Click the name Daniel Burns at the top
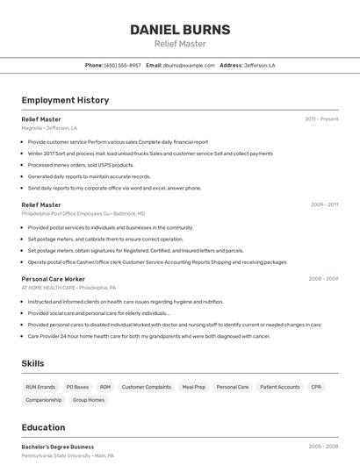180,30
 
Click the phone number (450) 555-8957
122,65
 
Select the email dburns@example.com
189,65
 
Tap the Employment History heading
65,100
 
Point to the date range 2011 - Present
321,118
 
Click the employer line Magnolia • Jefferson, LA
49,128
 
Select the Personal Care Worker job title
53,279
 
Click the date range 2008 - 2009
323,279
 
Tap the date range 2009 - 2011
324,204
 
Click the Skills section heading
33,362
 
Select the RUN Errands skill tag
40,387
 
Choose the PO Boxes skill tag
77,387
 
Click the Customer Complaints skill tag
146,387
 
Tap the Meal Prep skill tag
193,387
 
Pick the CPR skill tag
316,387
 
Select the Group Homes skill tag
88,400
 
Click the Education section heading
43,427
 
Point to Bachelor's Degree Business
58,447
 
